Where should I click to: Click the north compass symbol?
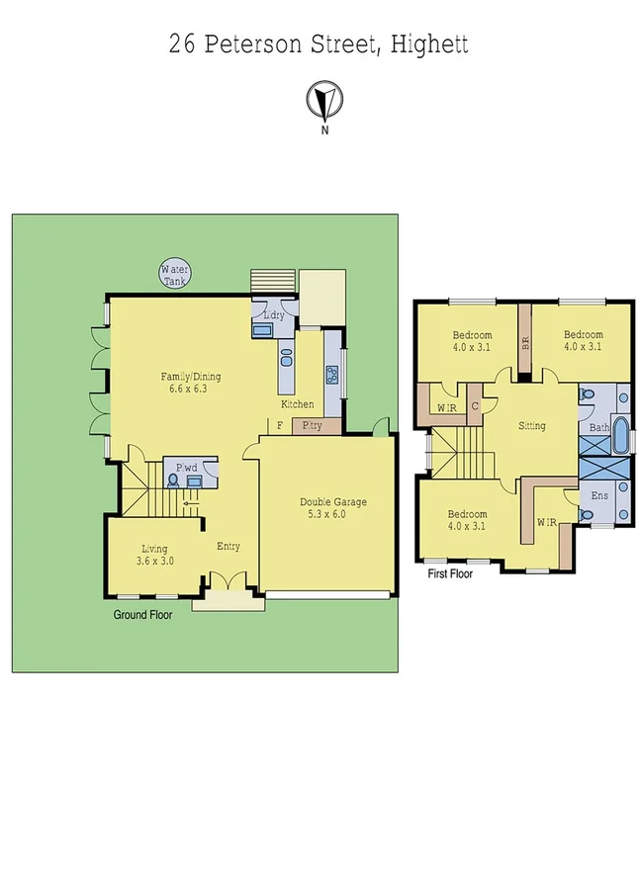[x=322, y=101]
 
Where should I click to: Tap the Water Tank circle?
[x=177, y=274]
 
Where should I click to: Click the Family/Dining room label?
[x=191, y=382]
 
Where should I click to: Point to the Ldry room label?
[x=274, y=314]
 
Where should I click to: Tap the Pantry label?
[x=314, y=426]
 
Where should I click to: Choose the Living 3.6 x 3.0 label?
[x=153, y=555]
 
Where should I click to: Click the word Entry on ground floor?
[x=229, y=547]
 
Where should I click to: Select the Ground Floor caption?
[x=144, y=614]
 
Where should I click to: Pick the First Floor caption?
[x=450, y=573]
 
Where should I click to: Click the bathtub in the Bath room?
[x=622, y=435]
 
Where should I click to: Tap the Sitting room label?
[x=532, y=426]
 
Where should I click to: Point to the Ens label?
[x=598, y=494]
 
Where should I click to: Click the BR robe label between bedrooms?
[x=525, y=343]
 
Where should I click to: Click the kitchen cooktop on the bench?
[x=332, y=375]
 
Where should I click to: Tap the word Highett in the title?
[x=430, y=44]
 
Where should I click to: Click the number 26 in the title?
[x=181, y=44]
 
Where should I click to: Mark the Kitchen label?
[x=298, y=404]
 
